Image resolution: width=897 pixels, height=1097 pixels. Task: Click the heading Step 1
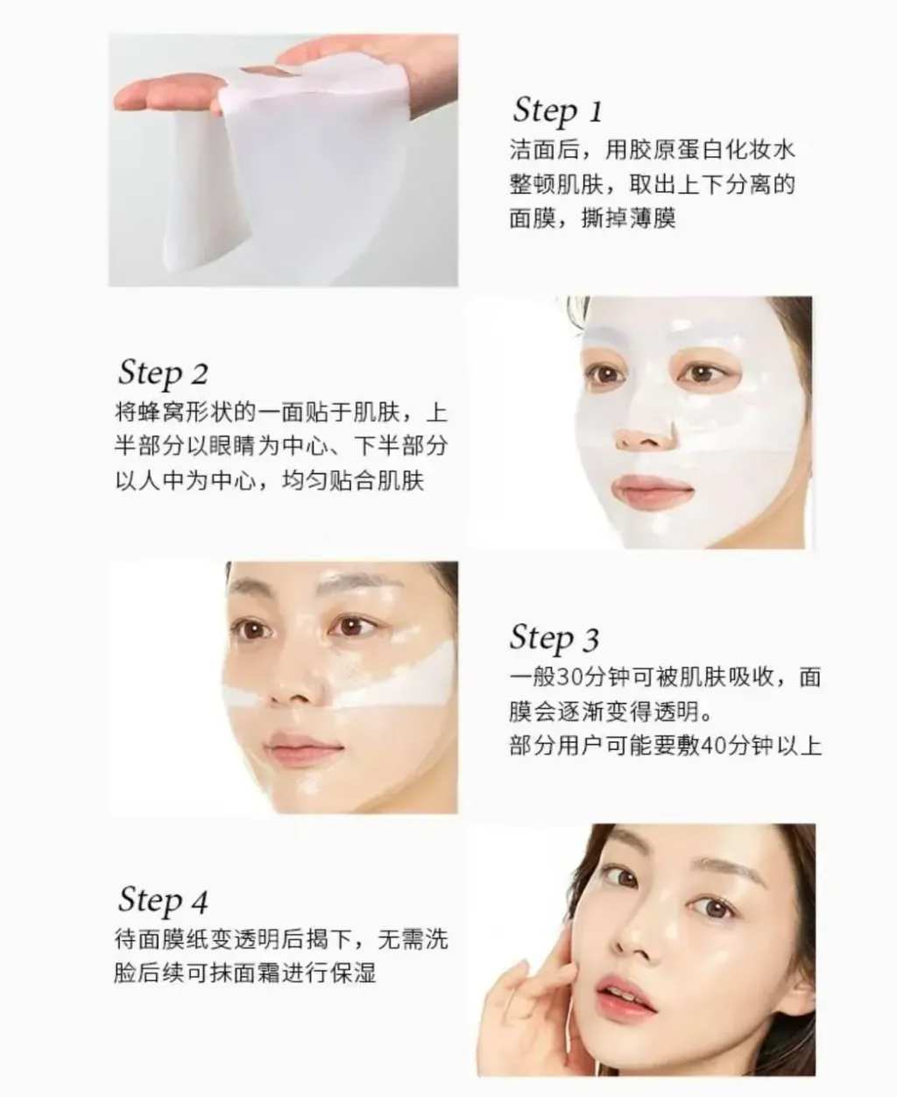pos(557,111)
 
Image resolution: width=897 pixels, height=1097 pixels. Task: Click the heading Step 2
pos(163,373)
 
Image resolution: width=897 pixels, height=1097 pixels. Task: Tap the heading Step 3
pos(554,638)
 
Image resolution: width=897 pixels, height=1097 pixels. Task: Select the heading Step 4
pos(163,901)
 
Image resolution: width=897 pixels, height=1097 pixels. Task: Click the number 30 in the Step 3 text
pos(569,678)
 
